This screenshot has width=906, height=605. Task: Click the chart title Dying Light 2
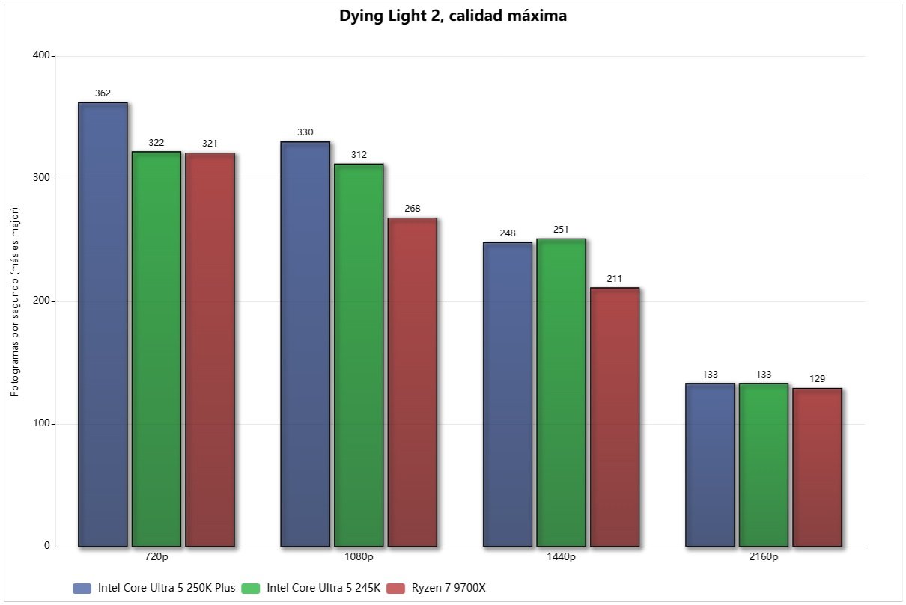pyautogui.click(x=452, y=16)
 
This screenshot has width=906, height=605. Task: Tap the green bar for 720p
pyautogui.click(x=156, y=348)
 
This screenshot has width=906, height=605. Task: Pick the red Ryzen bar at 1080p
pyautogui.click(x=413, y=381)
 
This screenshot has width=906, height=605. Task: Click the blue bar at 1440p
pyautogui.click(x=508, y=394)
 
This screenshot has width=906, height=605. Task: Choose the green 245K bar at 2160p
pyautogui.click(x=764, y=464)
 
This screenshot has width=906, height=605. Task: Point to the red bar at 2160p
pyautogui.click(x=818, y=467)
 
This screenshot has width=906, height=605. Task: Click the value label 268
pyautogui.click(x=413, y=209)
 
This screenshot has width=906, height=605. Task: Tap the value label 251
pyautogui.click(x=562, y=230)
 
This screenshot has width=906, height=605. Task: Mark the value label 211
pyautogui.click(x=615, y=278)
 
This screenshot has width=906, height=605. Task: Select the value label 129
pyautogui.click(x=818, y=379)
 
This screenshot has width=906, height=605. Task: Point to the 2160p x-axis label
pyautogui.click(x=764, y=557)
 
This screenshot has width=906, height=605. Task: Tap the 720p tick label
pyautogui.click(x=156, y=557)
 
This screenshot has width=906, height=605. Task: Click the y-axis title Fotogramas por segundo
pyautogui.click(x=16, y=301)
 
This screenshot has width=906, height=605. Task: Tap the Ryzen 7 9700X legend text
pyautogui.click(x=449, y=588)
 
